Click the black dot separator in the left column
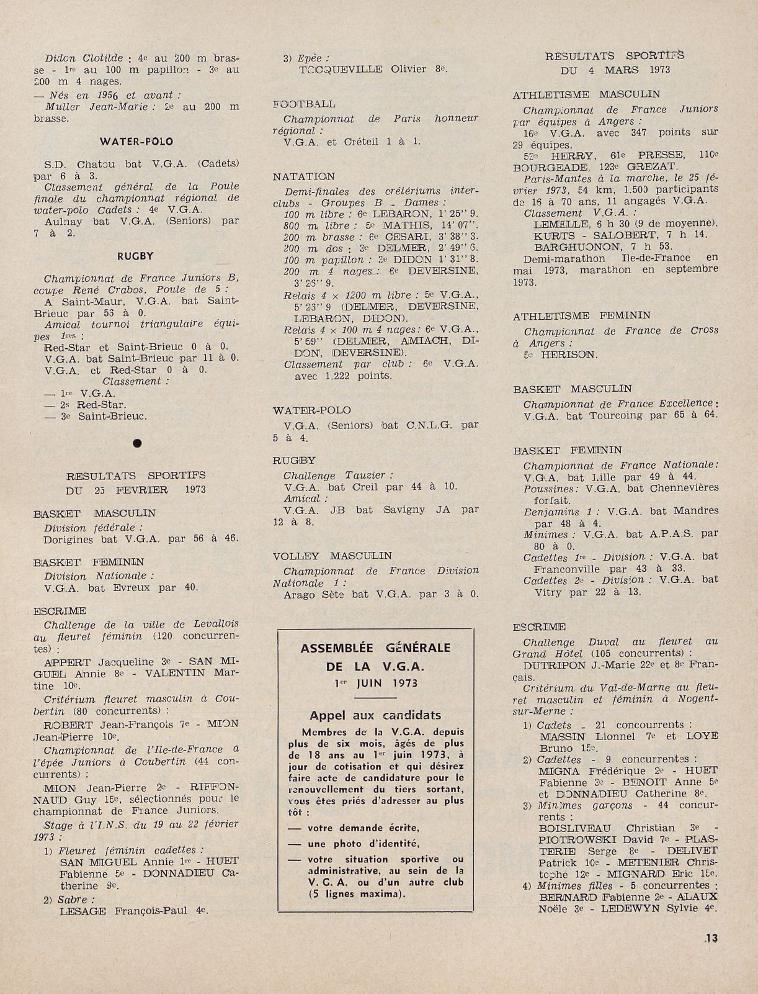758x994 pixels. [x=137, y=443]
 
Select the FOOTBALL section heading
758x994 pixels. [x=304, y=104]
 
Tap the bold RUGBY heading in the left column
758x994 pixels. [x=135, y=255]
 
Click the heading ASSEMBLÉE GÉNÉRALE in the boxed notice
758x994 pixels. [x=375, y=648]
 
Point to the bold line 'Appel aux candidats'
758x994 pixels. [x=375, y=715]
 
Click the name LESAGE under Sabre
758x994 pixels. [x=83, y=911]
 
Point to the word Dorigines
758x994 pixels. [x=68, y=539]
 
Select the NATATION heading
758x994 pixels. [x=303, y=177]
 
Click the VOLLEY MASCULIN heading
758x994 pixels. [x=332, y=556]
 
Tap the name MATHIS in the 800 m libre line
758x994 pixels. [x=404, y=225]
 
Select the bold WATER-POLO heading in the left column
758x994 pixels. [x=137, y=142]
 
